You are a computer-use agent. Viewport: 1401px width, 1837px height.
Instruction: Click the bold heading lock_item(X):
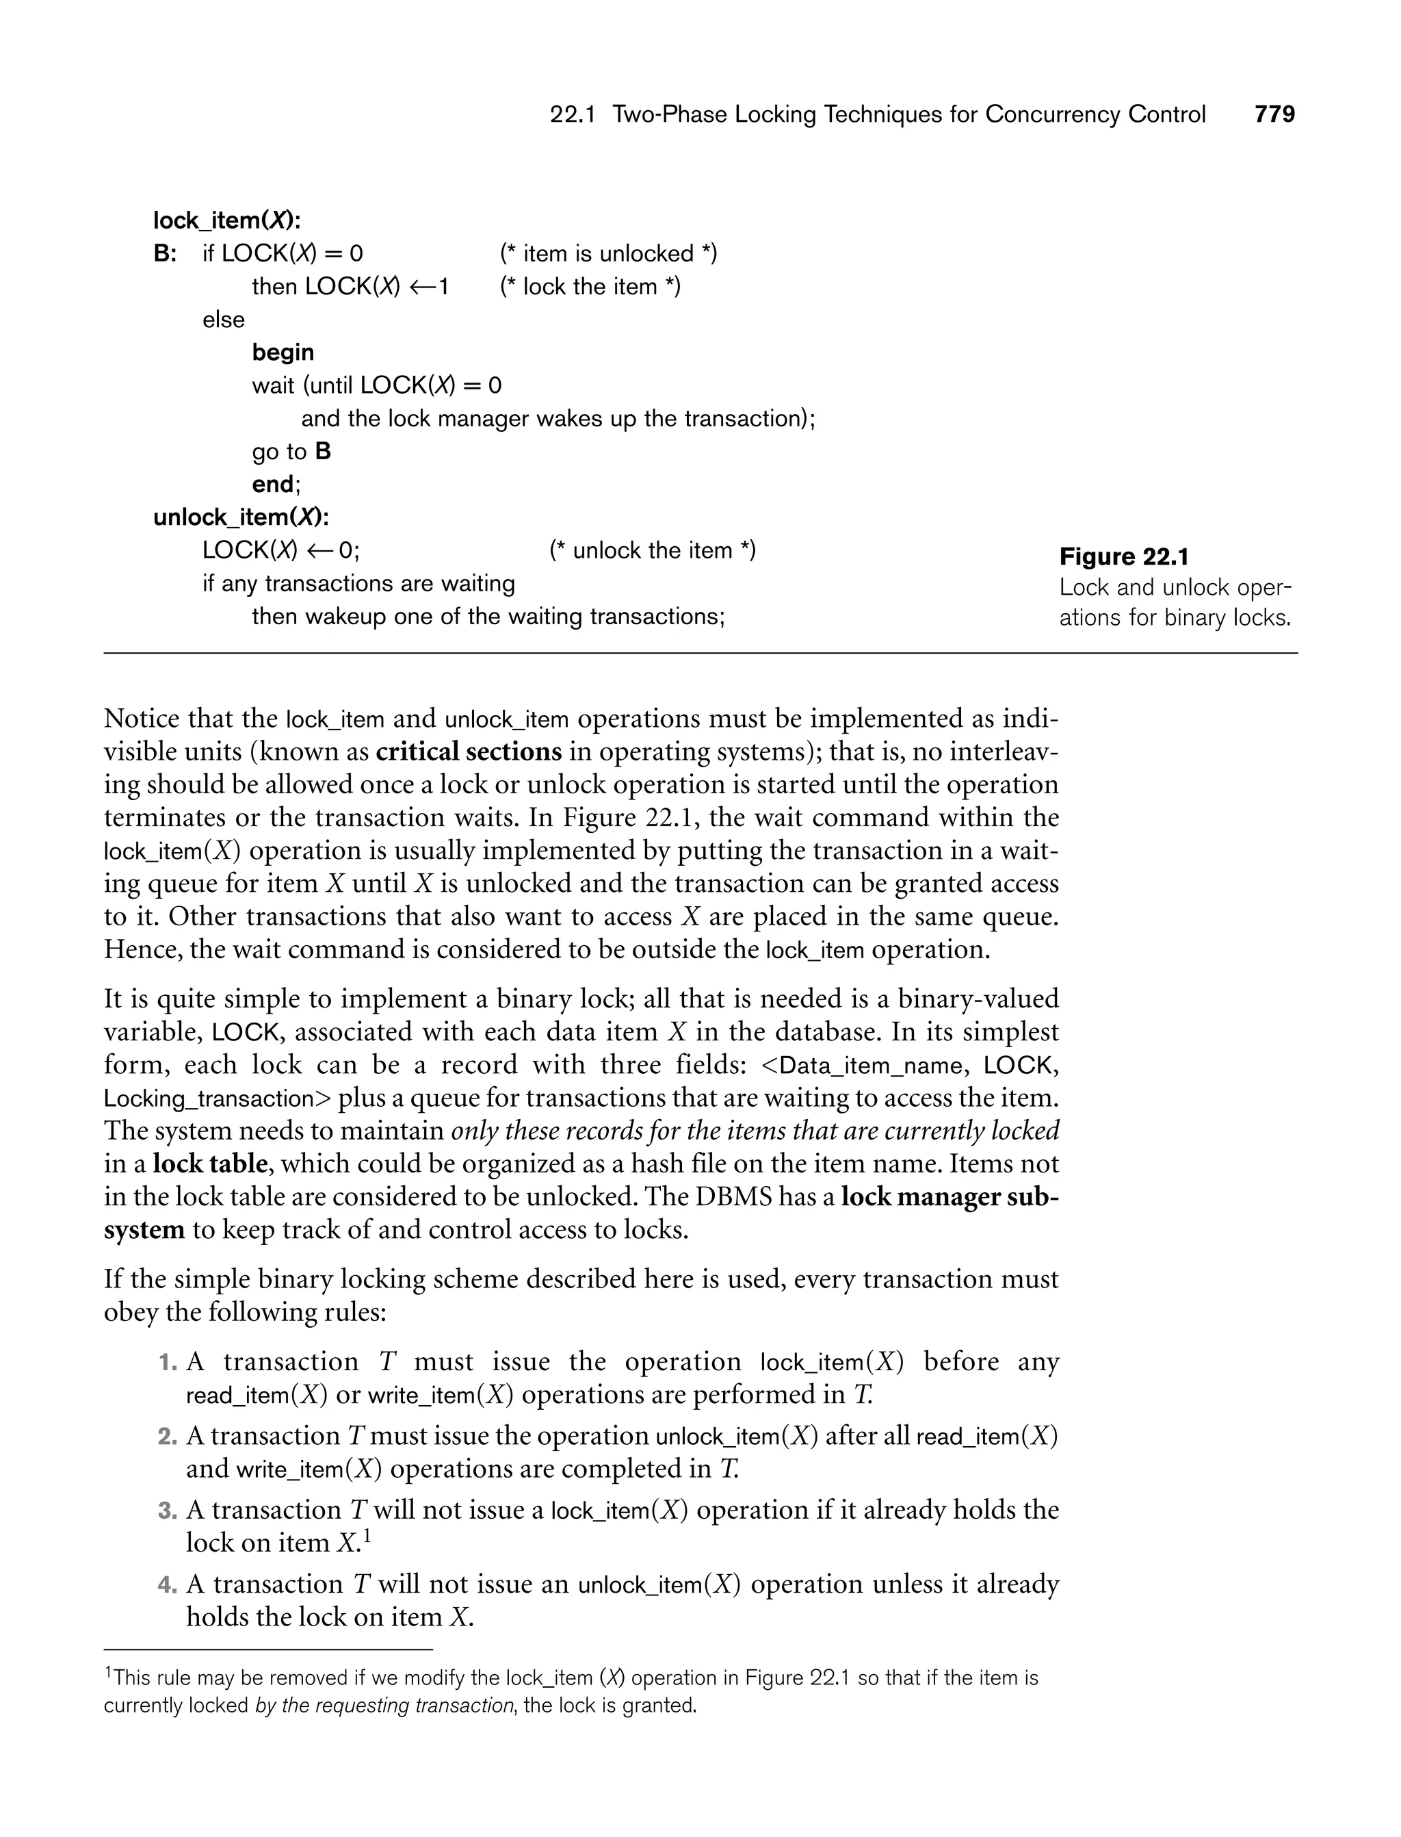pos(226,220)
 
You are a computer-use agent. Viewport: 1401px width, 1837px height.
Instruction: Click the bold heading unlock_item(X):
pos(241,518)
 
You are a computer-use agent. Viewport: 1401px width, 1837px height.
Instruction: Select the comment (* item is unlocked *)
pos(608,254)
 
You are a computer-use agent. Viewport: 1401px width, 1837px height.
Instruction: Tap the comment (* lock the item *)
pos(590,287)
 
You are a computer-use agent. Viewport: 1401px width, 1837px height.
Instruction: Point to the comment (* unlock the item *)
pos(652,550)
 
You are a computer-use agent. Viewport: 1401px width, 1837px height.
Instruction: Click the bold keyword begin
pos(283,353)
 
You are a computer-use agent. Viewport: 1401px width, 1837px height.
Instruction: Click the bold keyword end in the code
pos(274,485)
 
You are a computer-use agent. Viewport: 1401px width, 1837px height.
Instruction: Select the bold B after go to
pos(323,451)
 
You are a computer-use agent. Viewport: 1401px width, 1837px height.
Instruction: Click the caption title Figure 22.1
pos(1123,556)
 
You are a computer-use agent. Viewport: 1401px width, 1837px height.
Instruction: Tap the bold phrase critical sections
pos(469,751)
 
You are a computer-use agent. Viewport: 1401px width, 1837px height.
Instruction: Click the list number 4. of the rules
pos(168,1585)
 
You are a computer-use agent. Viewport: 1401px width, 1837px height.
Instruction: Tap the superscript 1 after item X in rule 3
pos(366,1534)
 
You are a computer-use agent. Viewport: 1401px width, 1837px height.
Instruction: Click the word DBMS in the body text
pos(734,1197)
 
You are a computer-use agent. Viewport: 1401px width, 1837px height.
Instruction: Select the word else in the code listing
pos(224,320)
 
